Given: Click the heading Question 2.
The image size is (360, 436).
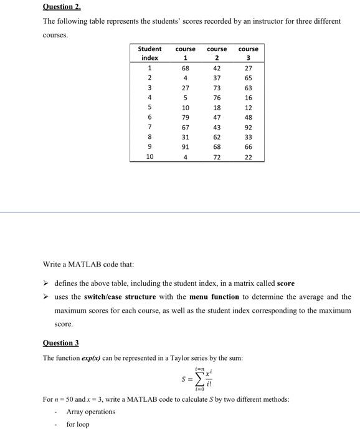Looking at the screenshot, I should click(61, 7).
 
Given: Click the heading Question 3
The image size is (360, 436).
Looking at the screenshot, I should click(61, 343).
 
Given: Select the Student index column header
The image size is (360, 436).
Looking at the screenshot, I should click(149, 53).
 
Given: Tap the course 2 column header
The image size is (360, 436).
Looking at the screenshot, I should click(217, 53).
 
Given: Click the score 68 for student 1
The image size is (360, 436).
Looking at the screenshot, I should click(186, 68).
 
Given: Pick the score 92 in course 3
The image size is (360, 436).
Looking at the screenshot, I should click(249, 127).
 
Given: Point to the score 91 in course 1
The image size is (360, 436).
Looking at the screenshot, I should click(186, 147).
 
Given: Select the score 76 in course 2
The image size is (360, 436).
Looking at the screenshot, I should click(217, 98).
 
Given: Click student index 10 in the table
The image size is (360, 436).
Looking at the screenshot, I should click(149, 157).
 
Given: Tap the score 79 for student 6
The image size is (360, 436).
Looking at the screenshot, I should click(186, 117).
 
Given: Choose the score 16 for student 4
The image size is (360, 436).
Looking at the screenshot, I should click(249, 98).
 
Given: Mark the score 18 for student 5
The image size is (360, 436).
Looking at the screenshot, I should click(217, 108).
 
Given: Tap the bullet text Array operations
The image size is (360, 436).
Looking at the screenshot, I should click(90, 412).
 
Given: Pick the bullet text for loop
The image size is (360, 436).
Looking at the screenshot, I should click(78, 424).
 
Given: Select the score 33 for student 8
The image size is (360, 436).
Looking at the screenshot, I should click(249, 137).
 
